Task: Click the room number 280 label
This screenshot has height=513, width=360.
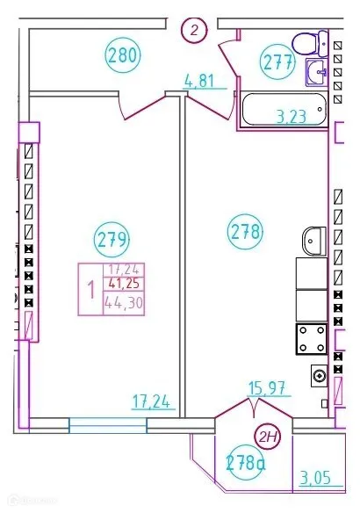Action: [x=122, y=57]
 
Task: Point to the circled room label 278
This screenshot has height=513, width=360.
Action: [x=245, y=232]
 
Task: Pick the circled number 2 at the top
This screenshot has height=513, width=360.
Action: [x=195, y=30]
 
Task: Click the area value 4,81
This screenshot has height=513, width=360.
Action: [x=198, y=82]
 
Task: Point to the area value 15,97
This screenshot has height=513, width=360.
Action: [x=267, y=387]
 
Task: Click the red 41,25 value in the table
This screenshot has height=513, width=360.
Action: [x=125, y=283]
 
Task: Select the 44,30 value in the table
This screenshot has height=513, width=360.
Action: [x=124, y=302]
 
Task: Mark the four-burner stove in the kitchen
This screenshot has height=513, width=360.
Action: [x=311, y=339]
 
